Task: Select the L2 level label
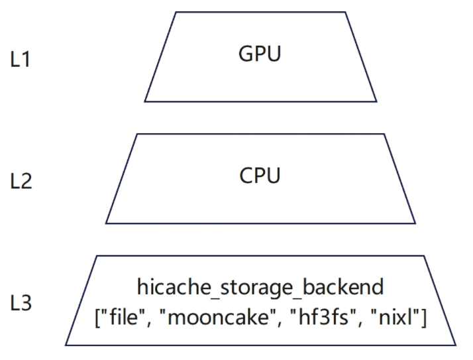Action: pos(21,181)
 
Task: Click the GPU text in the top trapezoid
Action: pos(260,54)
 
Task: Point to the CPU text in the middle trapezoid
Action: pos(260,176)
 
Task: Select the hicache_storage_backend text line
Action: pos(260,288)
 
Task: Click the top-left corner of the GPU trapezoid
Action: pos(176,12)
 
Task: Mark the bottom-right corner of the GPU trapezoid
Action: pos(376,101)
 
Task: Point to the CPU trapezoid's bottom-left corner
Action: pos(106,223)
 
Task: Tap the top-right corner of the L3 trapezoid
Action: pos(424,256)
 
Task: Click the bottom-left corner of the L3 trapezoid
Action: pos(66,345)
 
